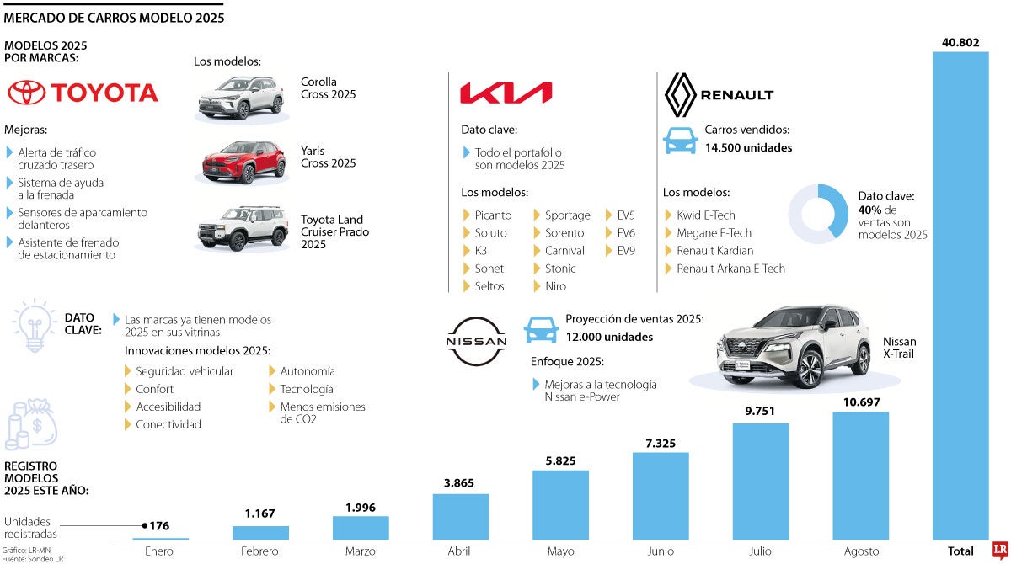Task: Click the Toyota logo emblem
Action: [x=27, y=93]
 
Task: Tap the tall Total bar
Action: [x=960, y=295]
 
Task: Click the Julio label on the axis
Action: [x=761, y=551]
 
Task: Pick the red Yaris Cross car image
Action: [x=232, y=162]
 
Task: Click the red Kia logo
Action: [x=505, y=93]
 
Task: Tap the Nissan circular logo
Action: [x=476, y=341]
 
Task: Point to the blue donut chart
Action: [x=818, y=215]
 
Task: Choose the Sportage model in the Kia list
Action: [x=567, y=215]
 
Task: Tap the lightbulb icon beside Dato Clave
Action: [x=34, y=324]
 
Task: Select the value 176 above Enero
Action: [x=159, y=526]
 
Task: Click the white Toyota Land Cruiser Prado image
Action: [x=232, y=228]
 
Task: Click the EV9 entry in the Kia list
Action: [x=626, y=251]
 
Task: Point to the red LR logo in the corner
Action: [x=999, y=551]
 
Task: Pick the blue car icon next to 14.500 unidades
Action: [x=681, y=140]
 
